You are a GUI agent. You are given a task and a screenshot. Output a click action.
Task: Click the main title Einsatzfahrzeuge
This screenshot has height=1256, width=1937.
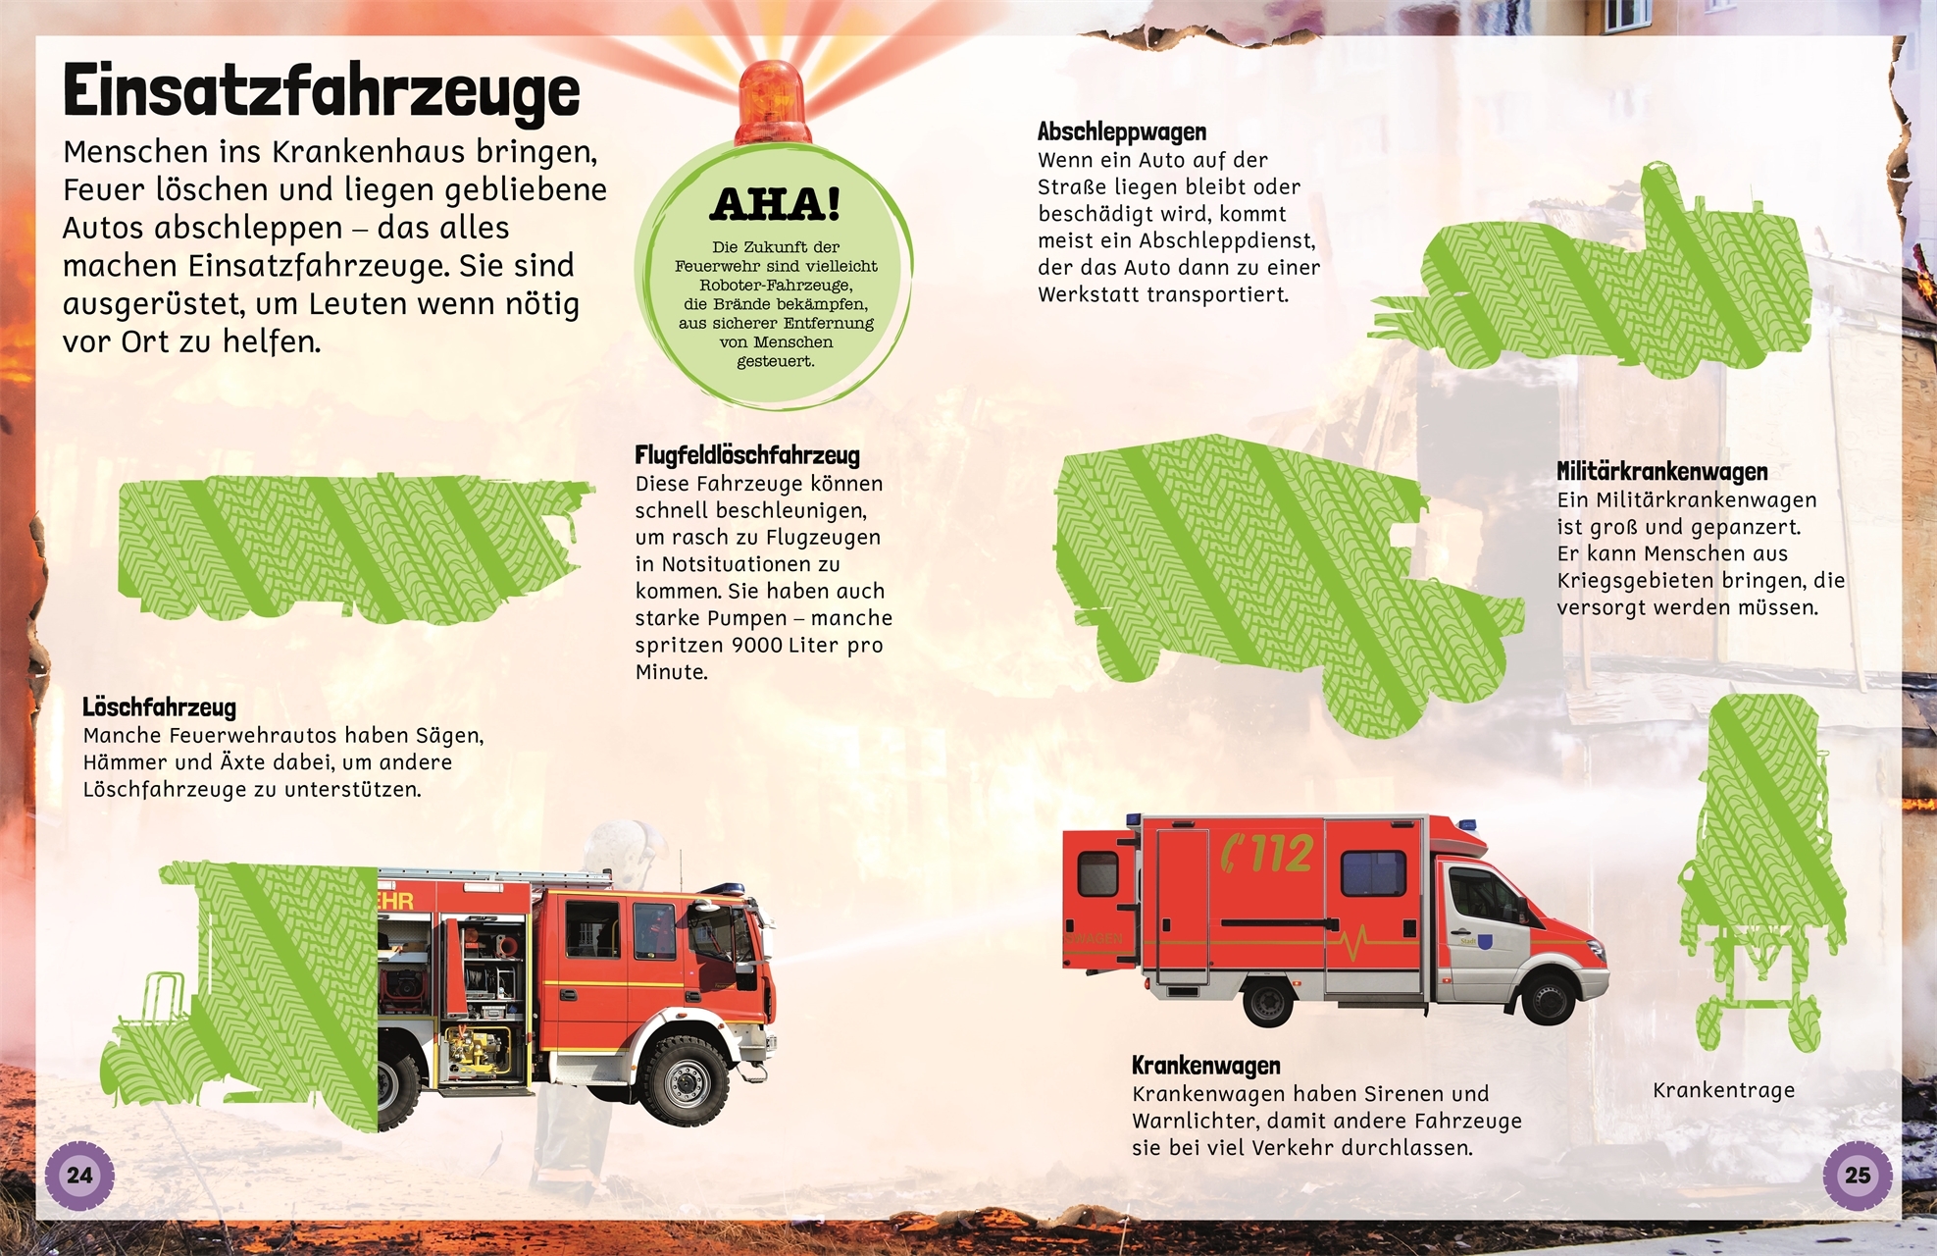coord(321,92)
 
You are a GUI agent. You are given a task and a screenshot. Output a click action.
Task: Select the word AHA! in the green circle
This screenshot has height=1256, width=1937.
coord(775,204)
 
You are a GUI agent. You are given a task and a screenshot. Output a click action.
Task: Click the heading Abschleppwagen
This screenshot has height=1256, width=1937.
coord(1121,132)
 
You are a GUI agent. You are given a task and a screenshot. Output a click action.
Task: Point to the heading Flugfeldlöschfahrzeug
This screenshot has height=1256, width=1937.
coord(747,455)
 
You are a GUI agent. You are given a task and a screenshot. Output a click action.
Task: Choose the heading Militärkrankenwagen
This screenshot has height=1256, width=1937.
coord(1662,472)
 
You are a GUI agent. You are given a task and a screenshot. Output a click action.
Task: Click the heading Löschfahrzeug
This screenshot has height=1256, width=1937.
coord(159,707)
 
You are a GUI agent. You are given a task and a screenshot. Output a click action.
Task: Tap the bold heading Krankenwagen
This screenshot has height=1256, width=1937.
coord(1205,1066)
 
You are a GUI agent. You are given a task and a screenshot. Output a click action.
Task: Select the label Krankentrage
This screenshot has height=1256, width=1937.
coord(1723,1090)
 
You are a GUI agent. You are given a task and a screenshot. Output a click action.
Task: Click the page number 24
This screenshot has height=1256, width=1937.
coord(79,1176)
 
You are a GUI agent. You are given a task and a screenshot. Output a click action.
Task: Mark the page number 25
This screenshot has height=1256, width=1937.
coord(1857,1176)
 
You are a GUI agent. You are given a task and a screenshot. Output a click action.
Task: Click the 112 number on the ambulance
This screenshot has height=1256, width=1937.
coord(1268,853)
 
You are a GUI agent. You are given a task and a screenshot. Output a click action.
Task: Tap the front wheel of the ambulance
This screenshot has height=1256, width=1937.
coord(1548,997)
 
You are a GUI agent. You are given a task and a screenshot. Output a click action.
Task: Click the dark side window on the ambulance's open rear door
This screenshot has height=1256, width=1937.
coord(1097,873)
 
